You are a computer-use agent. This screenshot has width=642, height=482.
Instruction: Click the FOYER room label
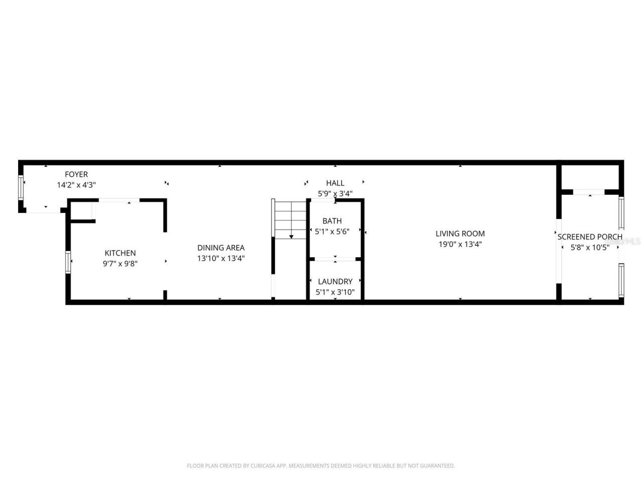[76, 174]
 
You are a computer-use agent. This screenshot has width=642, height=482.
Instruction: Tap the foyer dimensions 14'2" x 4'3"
[76, 185]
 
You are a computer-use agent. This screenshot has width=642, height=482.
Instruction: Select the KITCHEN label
[120, 253]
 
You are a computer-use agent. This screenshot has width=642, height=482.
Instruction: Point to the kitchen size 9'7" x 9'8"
[120, 263]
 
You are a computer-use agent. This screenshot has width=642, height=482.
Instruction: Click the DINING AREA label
[221, 248]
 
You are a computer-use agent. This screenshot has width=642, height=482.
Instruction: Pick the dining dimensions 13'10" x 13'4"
[221, 259]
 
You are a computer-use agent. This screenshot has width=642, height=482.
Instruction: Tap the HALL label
[335, 183]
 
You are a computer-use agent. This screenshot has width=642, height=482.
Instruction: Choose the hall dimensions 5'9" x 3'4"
[335, 193]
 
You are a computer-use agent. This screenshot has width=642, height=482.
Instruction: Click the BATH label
[332, 221]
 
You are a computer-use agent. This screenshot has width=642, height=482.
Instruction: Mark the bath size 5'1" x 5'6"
[332, 231]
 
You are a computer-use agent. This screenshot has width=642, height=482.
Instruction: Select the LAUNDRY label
[335, 282]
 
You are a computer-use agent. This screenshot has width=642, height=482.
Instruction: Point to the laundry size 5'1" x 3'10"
[335, 292]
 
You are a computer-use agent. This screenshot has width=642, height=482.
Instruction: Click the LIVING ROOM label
[460, 233]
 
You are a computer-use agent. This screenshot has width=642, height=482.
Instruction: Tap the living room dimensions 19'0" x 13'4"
[460, 245]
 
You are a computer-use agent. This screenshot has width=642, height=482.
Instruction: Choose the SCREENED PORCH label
[590, 236]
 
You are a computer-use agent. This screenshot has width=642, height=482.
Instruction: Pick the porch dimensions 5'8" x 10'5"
[590, 247]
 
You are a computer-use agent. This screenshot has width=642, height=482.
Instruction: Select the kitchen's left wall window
[68, 262]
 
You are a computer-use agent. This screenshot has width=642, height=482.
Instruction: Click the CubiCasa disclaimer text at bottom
[321, 466]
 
